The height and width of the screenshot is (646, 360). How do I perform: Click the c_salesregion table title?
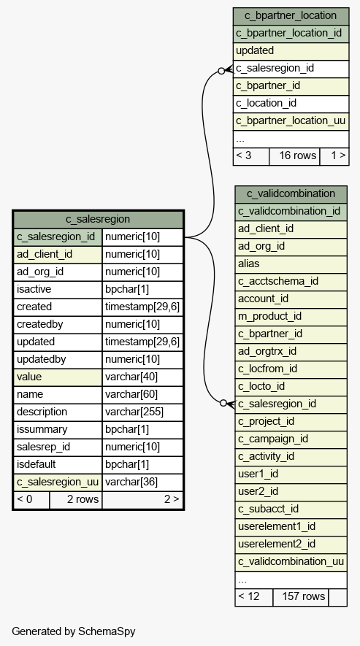tap(98, 219)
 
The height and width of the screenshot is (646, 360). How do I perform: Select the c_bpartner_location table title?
tap(291, 15)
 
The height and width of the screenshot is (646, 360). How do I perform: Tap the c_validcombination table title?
tap(291, 193)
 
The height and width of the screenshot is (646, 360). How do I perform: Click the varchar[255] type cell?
tap(142, 412)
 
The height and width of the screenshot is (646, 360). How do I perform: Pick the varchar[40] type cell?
tap(142, 377)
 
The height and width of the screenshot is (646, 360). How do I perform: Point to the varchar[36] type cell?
tap(142, 482)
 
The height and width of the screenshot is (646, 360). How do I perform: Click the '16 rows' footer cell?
tap(294, 156)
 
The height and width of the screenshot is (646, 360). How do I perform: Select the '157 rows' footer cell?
tap(301, 597)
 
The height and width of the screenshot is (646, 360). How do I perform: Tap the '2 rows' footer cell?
tap(76, 500)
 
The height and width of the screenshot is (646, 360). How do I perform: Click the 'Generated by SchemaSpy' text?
tap(74, 631)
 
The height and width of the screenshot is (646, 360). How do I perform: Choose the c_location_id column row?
tap(291, 104)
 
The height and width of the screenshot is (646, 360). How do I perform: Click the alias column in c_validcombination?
tap(291, 264)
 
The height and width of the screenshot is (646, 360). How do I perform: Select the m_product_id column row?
tap(291, 316)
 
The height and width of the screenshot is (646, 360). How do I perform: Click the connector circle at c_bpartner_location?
tap(221, 71)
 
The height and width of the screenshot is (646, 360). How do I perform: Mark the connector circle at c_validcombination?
tap(223, 403)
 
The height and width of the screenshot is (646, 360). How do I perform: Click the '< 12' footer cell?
tap(253, 597)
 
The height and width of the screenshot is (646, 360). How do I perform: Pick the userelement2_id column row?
tap(291, 545)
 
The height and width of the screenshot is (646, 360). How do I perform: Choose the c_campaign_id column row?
tap(291, 439)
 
